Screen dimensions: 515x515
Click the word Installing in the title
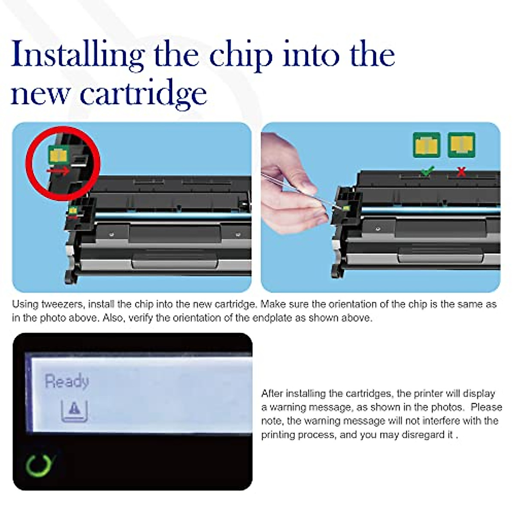pos(77,56)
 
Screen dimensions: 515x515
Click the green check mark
pos(427,171)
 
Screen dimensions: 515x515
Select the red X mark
pos(461,172)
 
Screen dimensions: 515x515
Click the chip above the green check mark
pos(427,145)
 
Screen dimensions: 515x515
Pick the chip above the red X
pos(461,145)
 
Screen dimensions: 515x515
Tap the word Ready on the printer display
pos(67,381)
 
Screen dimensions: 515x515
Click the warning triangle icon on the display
pos(75,410)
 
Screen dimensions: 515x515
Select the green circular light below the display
pos(38,465)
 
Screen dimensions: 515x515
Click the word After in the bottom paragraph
pos(272,394)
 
